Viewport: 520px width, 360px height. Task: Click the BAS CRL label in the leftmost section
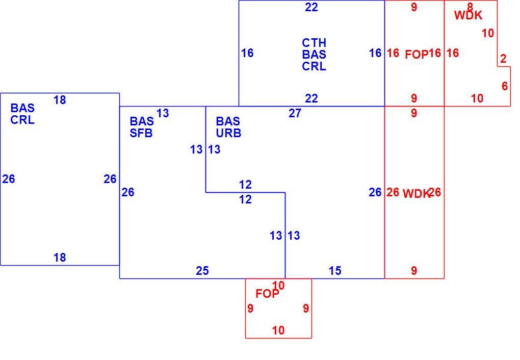tap(22, 114)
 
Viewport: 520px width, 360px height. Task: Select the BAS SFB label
tap(142, 127)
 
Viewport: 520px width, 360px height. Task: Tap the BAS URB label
tap(228, 127)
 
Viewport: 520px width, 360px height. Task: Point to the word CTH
tap(314, 43)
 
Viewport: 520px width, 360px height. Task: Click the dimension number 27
tap(295, 113)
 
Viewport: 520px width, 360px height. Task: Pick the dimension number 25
tap(202, 271)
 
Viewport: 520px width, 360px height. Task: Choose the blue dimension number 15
tap(335, 271)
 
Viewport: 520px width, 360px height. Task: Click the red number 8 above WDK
tap(470, 7)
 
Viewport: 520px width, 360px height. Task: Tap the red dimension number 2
tap(503, 59)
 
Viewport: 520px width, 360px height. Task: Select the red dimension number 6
tap(504, 86)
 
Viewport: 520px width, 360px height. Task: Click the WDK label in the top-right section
tap(469, 15)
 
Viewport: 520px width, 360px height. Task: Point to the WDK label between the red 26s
tap(416, 194)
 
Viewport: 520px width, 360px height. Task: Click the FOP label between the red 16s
tap(417, 55)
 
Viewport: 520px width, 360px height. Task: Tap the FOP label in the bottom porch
tap(267, 294)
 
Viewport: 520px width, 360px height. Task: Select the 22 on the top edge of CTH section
tap(311, 7)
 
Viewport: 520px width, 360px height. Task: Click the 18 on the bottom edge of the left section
tap(60, 257)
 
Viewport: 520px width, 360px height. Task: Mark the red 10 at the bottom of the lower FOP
tap(278, 330)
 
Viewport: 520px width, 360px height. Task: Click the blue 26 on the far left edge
tap(9, 179)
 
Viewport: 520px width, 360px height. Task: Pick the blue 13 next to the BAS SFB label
tap(163, 113)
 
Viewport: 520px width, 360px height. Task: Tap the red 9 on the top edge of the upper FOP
tap(414, 7)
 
